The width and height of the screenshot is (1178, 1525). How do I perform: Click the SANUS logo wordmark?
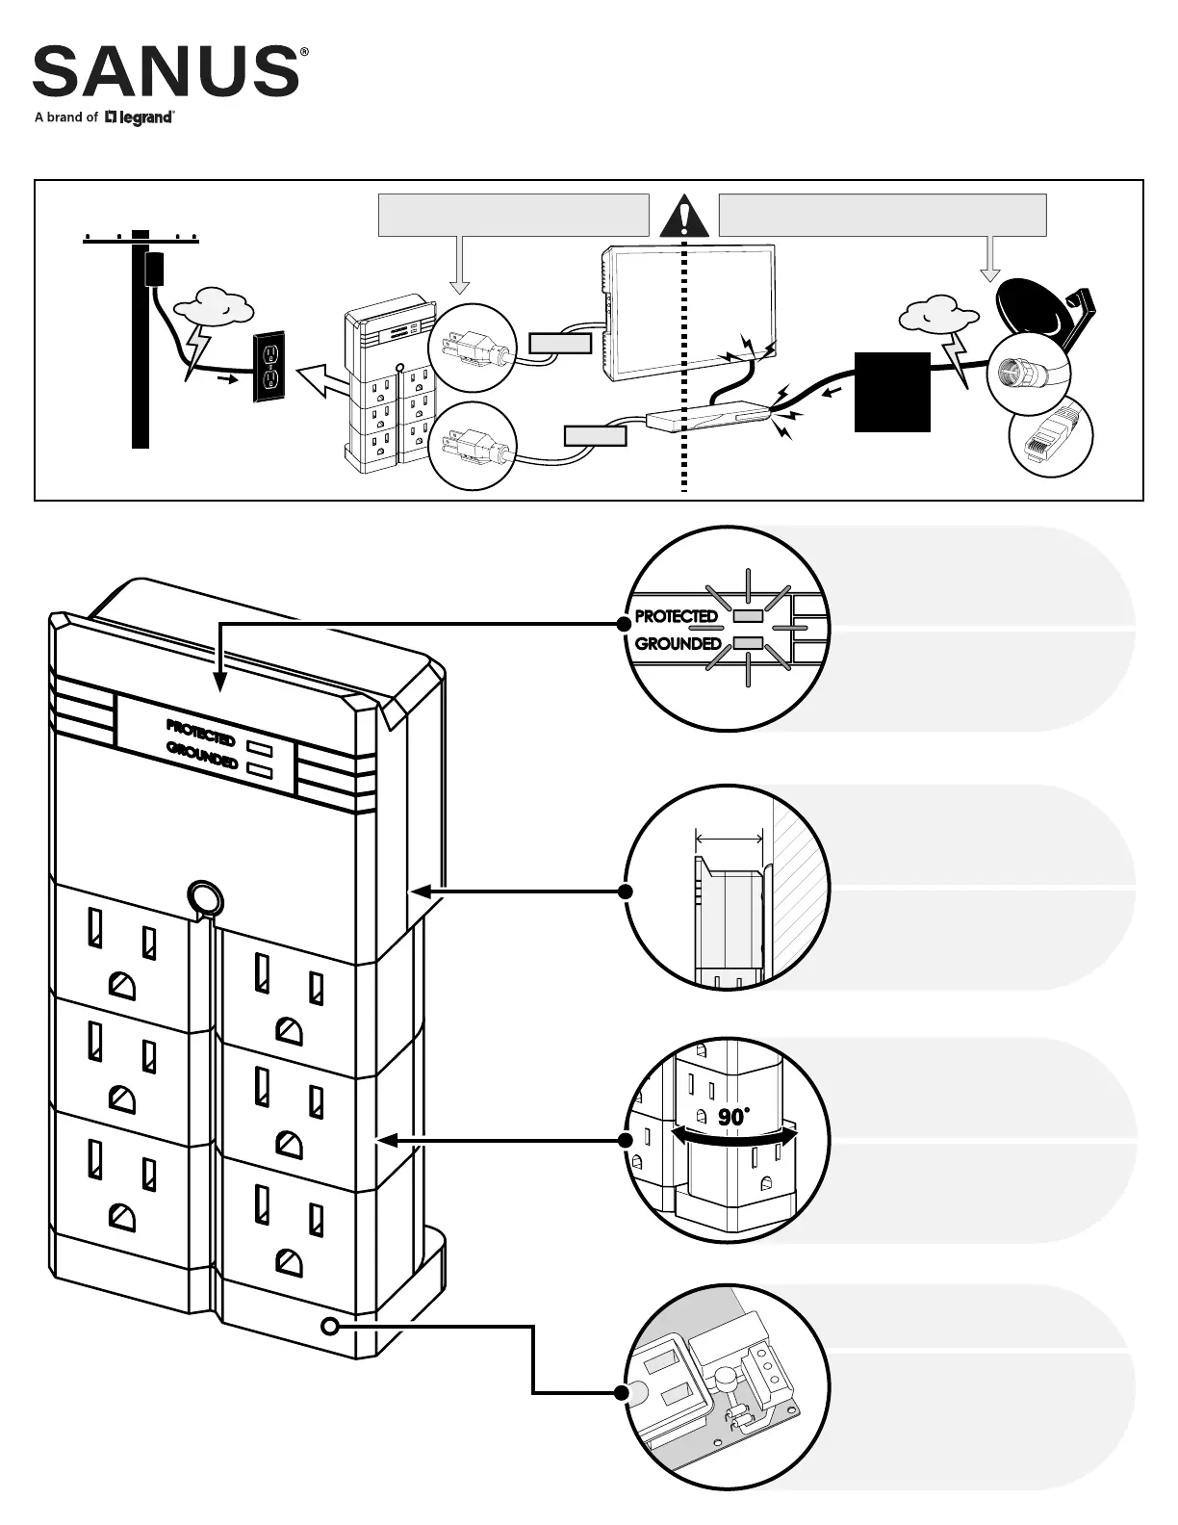coord(166,71)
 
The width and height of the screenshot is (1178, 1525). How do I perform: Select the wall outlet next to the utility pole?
coord(270,369)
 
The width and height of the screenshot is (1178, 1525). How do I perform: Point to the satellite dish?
coord(1035,308)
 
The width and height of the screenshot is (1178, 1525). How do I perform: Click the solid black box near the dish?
coord(892,392)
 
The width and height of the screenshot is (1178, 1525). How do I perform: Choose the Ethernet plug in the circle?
coord(1051,440)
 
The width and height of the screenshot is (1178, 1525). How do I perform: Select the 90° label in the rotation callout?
coord(732,1117)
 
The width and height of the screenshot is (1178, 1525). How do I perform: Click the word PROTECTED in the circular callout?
coord(677,616)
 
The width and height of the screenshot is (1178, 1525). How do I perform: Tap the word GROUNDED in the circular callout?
coord(679,643)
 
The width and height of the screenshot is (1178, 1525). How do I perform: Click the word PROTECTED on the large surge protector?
coord(200,733)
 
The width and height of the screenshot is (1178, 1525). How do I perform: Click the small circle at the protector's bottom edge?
coord(330,1327)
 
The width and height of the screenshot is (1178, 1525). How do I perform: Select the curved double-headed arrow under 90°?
coord(734,1137)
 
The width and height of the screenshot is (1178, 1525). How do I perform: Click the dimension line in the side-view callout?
coord(729,838)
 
